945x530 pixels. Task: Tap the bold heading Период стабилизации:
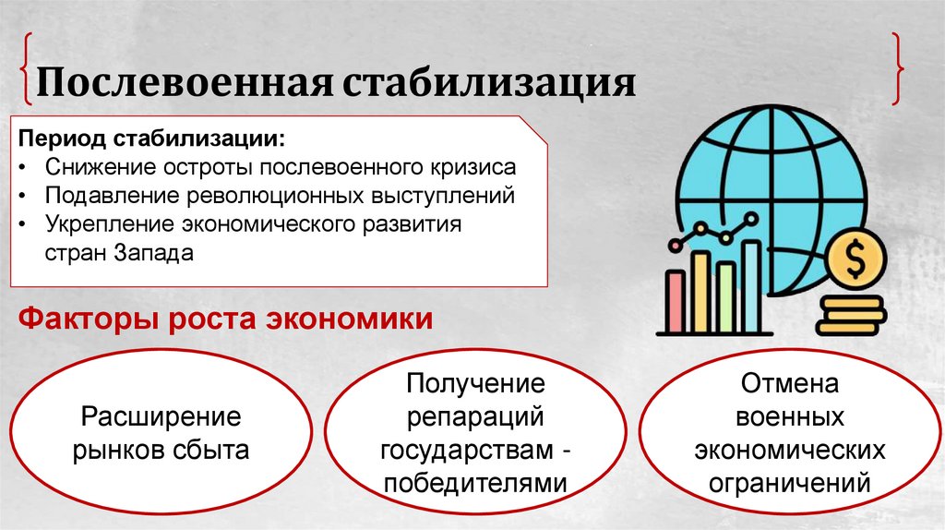[x=152, y=140]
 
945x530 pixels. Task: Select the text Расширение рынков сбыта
[x=161, y=434]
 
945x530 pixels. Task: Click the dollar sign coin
[x=855, y=261]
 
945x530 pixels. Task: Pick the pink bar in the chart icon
[x=676, y=301]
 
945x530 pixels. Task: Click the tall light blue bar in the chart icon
[x=751, y=285]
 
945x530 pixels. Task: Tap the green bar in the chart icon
[x=725, y=295]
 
